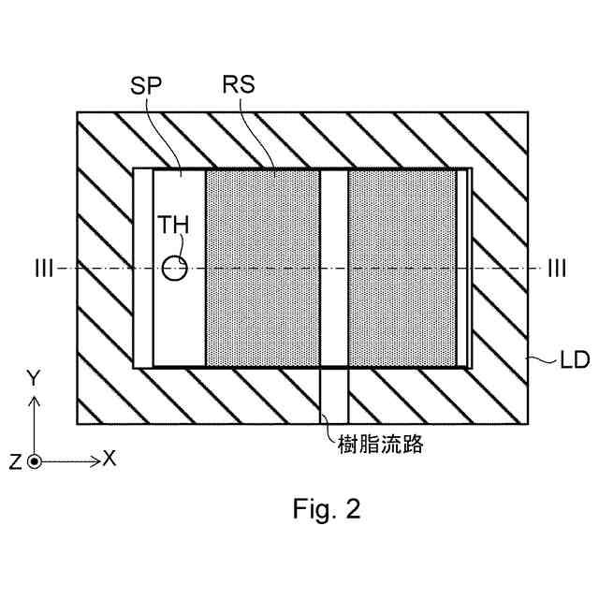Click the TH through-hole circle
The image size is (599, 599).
pyautogui.click(x=174, y=270)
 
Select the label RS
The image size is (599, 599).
pyautogui.click(x=241, y=84)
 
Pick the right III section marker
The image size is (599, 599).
pyautogui.click(x=556, y=270)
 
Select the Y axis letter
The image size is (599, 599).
pyautogui.click(x=34, y=378)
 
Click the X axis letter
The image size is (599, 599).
pyautogui.click(x=109, y=459)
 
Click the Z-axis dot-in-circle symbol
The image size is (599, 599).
pyautogui.click(x=35, y=461)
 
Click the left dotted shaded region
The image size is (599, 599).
pyautogui.click(x=262, y=269)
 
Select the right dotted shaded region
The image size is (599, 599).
pyautogui.click(x=402, y=269)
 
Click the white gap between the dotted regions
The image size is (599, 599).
pyautogui.click(x=334, y=269)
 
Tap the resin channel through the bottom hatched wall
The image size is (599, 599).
pyautogui.click(x=334, y=393)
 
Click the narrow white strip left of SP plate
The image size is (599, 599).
pyautogui.click(x=142, y=269)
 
